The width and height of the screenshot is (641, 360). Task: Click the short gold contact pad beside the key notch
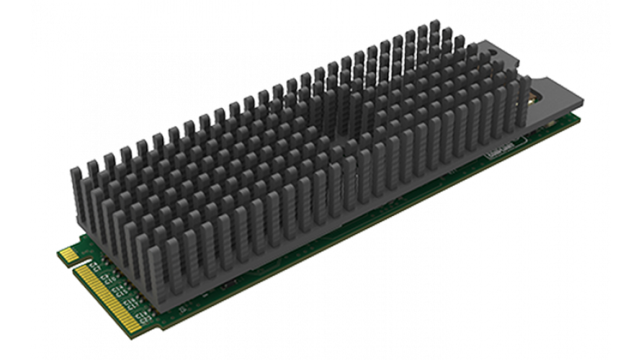[67, 254]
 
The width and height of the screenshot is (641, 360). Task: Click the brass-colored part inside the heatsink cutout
[534, 94]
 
